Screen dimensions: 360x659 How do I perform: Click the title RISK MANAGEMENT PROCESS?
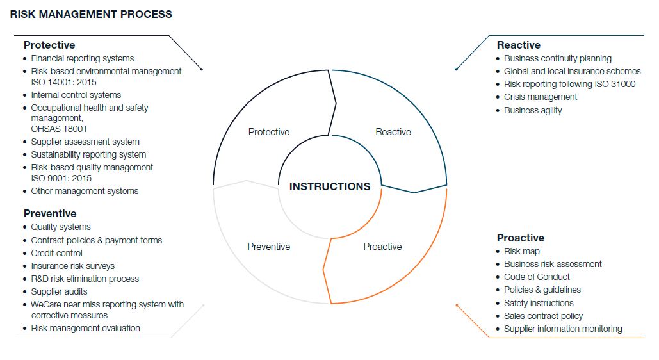coord(91,14)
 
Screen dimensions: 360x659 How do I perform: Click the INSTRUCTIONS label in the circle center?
coord(330,186)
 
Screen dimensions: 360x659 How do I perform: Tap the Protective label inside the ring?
coord(269,132)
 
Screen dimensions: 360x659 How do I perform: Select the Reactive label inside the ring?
coord(393,132)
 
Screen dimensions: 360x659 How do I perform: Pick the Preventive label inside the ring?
coord(269,247)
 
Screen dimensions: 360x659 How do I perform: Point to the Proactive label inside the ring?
coord(383,247)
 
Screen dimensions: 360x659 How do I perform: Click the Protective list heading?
coord(49,45)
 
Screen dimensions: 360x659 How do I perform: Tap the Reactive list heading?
coord(519,45)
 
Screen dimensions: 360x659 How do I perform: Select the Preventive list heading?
coord(50,213)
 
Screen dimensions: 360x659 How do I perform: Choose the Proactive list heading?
coord(521,238)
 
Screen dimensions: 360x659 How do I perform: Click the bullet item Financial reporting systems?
coord(83,58)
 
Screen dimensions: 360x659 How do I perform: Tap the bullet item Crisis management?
coord(541,97)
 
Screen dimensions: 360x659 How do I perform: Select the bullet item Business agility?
coord(533,110)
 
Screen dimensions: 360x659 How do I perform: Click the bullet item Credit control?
coord(56,253)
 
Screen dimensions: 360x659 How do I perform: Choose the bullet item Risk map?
coord(522,251)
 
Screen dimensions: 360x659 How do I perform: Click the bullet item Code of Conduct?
coord(537,277)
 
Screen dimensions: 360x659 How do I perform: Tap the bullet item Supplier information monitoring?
coord(563,329)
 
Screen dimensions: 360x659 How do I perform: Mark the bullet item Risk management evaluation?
coord(85,328)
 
